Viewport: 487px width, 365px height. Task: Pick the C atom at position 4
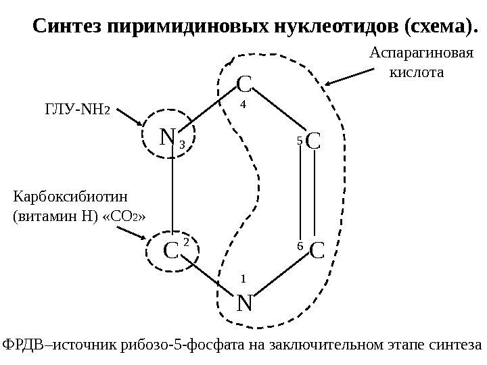pos(244,84)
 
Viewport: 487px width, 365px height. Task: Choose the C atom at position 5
pos(313,141)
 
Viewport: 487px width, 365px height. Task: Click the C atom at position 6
pos(316,251)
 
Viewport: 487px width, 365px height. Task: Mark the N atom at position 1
pos(244,303)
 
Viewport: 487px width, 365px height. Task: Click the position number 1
pos(243,277)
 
